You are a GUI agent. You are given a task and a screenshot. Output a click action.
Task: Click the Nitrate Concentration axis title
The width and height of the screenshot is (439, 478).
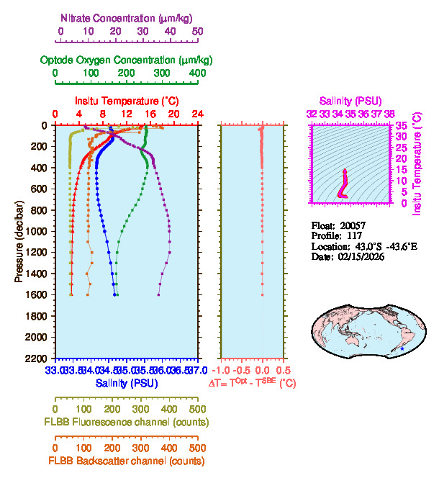point(129,17)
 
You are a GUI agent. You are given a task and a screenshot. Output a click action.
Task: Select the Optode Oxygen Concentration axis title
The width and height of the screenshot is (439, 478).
point(126,59)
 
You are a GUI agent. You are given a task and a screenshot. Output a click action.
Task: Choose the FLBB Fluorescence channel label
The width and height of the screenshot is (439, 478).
point(126,421)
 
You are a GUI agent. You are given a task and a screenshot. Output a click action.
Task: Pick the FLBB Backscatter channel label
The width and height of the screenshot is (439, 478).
point(126,461)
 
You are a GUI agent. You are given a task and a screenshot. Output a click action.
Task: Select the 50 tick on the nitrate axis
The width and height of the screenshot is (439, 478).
point(197,32)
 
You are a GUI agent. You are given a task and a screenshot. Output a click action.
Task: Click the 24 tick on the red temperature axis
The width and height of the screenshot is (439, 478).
point(197,114)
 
